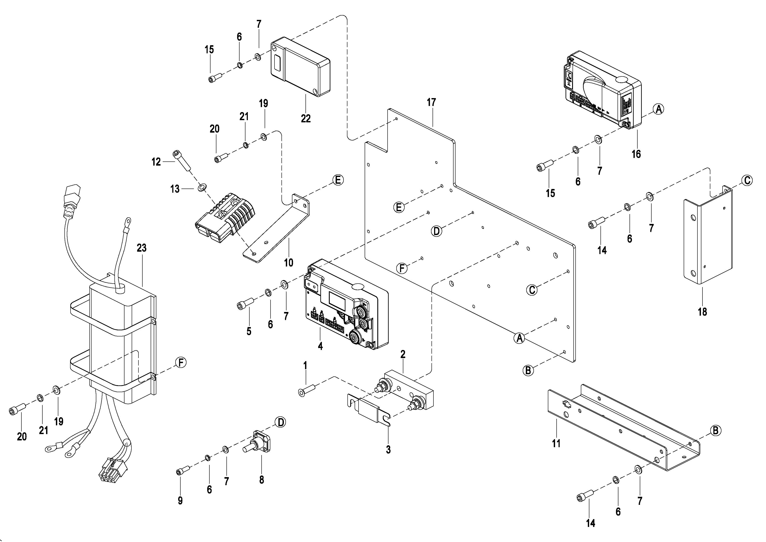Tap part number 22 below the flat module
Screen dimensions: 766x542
point(306,118)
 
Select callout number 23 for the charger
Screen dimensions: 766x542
point(141,248)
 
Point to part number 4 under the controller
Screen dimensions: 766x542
point(320,346)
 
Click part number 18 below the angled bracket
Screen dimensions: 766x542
point(702,312)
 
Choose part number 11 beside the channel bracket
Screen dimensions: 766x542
point(556,443)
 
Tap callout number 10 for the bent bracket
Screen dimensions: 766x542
point(289,263)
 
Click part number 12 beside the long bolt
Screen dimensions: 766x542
point(156,162)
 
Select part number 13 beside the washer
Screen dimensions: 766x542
point(175,189)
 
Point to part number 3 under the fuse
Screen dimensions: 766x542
point(388,450)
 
